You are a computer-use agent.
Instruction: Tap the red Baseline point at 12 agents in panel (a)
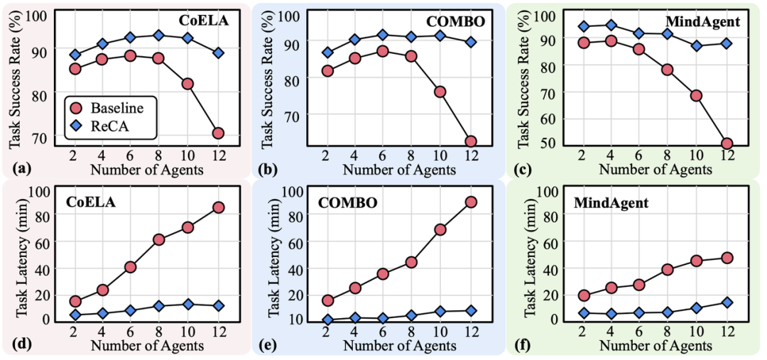(x=218, y=133)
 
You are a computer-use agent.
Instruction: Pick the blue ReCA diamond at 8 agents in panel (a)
(x=158, y=36)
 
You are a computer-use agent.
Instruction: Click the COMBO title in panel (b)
(x=455, y=21)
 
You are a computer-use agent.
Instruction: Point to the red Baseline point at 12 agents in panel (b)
(x=470, y=141)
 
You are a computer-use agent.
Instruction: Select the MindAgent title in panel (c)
(x=705, y=21)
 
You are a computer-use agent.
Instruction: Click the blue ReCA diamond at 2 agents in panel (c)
(x=583, y=27)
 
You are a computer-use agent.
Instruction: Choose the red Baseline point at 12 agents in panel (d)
(x=218, y=207)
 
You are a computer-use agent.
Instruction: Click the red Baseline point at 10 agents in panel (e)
(x=440, y=229)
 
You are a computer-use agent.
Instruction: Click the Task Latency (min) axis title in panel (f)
(x=530, y=254)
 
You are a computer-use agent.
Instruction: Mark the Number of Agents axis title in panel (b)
(x=400, y=170)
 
